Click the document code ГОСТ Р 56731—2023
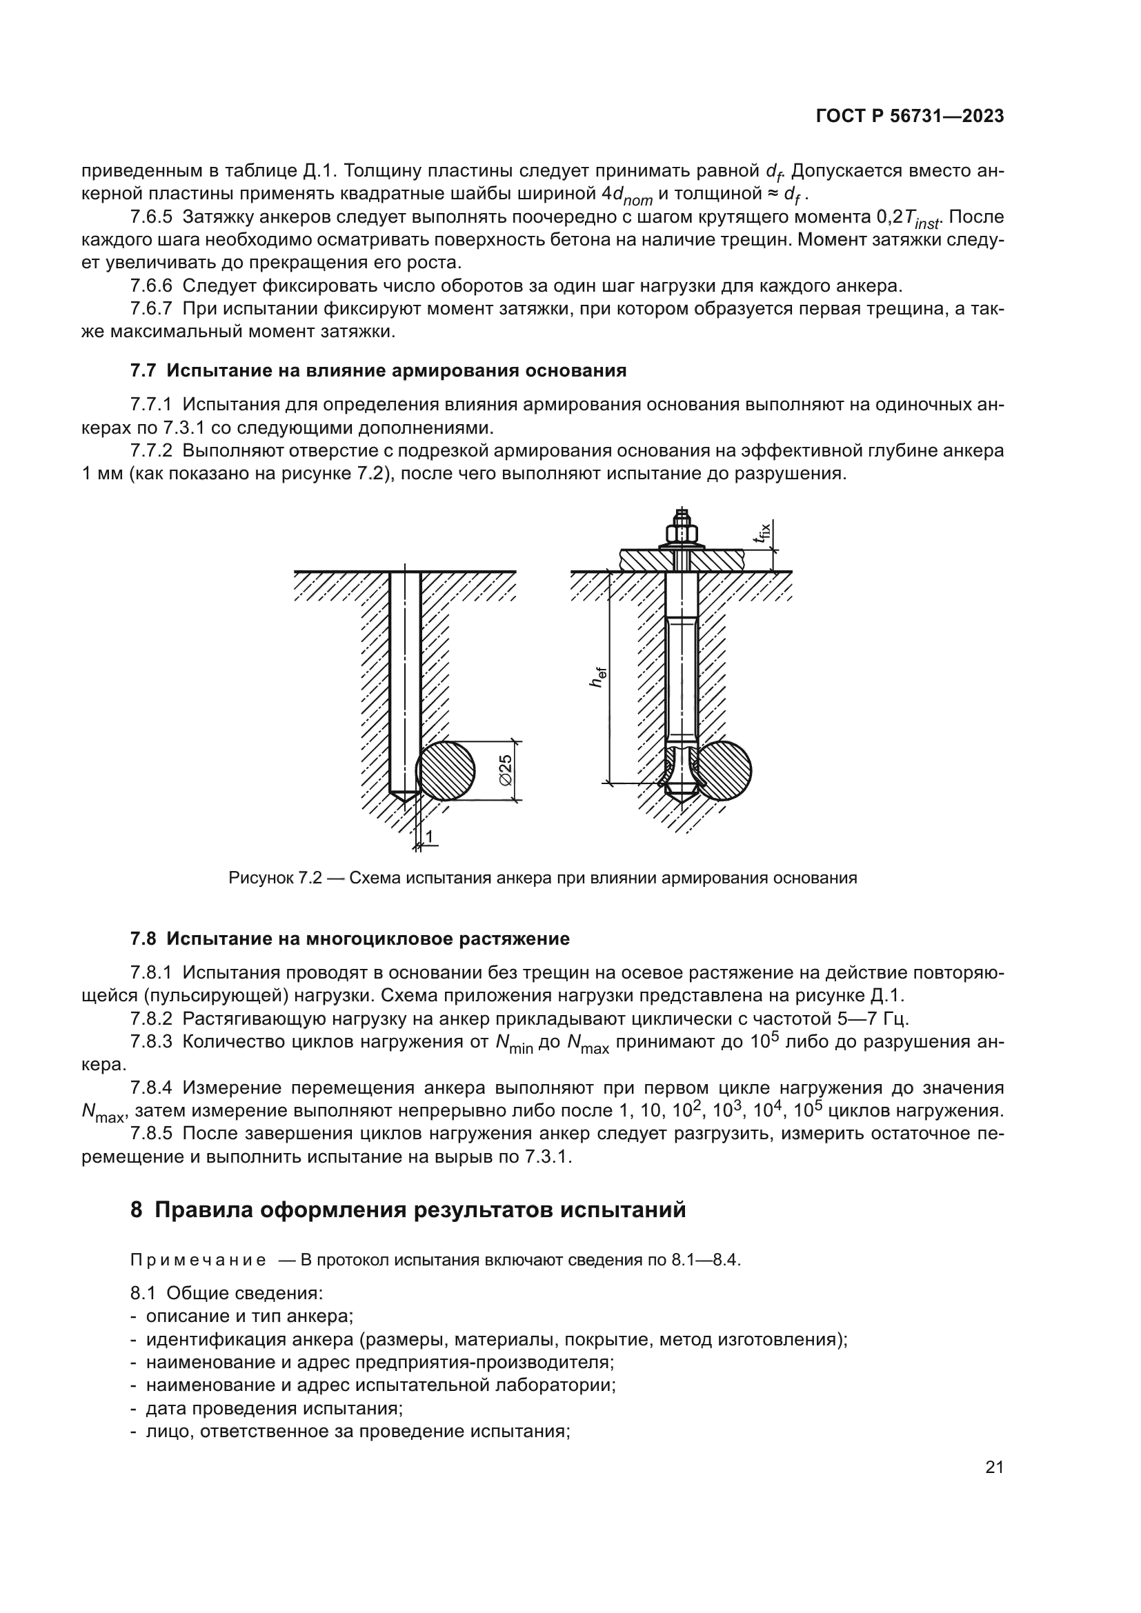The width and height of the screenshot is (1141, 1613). (910, 117)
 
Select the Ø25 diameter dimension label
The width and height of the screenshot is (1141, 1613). (506, 770)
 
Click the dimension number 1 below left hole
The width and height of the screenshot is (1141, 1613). (429, 835)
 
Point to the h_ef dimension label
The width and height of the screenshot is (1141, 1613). (598, 677)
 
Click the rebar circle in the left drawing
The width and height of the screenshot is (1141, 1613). (446, 770)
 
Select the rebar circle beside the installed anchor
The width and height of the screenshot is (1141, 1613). (724, 770)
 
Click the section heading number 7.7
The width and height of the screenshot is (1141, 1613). (144, 370)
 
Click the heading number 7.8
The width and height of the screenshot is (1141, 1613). (144, 939)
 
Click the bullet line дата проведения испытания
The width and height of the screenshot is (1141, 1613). (274, 1409)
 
